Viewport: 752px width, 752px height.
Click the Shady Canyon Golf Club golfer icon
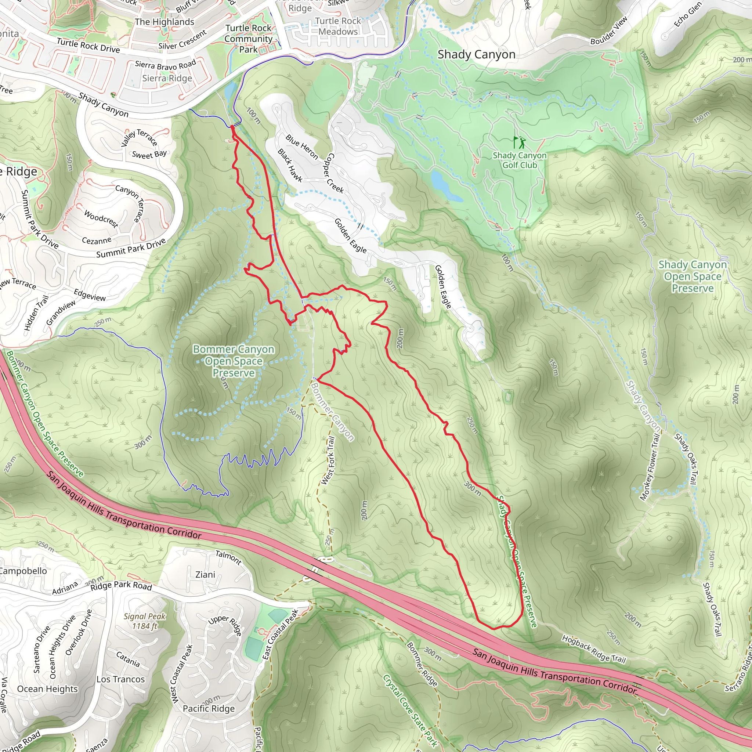(x=520, y=142)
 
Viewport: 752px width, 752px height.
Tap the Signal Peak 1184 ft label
(x=145, y=621)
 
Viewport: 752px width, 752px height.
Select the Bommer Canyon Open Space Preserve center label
(x=234, y=361)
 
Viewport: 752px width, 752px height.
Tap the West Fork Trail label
(x=328, y=460)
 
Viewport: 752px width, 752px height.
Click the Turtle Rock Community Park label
(x=248, y=39)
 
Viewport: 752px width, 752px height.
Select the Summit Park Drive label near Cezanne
(x=131, y=249)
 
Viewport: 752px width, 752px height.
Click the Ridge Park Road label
(x=121, y=586)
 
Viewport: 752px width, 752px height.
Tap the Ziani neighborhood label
(x=205, y=575)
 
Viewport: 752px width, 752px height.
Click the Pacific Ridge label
(x=209, y=708)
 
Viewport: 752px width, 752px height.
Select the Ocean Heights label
(x=47, y=688)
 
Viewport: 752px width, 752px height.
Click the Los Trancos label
(x=121, y=679)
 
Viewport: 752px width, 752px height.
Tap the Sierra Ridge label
(x=167, y=78)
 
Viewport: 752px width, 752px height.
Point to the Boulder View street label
(x=609, y=30)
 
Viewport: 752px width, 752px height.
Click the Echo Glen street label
(x=688, y=14)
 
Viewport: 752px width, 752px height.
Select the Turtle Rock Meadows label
(x=338, y=26)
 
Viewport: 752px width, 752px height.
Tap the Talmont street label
(x=228, y=557)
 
